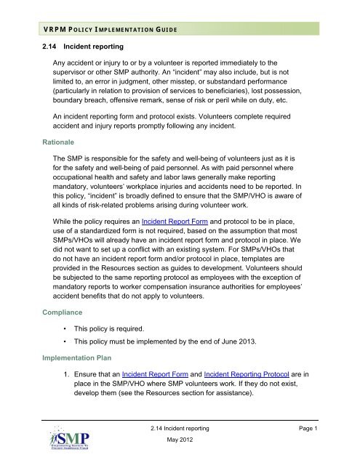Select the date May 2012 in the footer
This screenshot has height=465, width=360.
click(x=180, y=444)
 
